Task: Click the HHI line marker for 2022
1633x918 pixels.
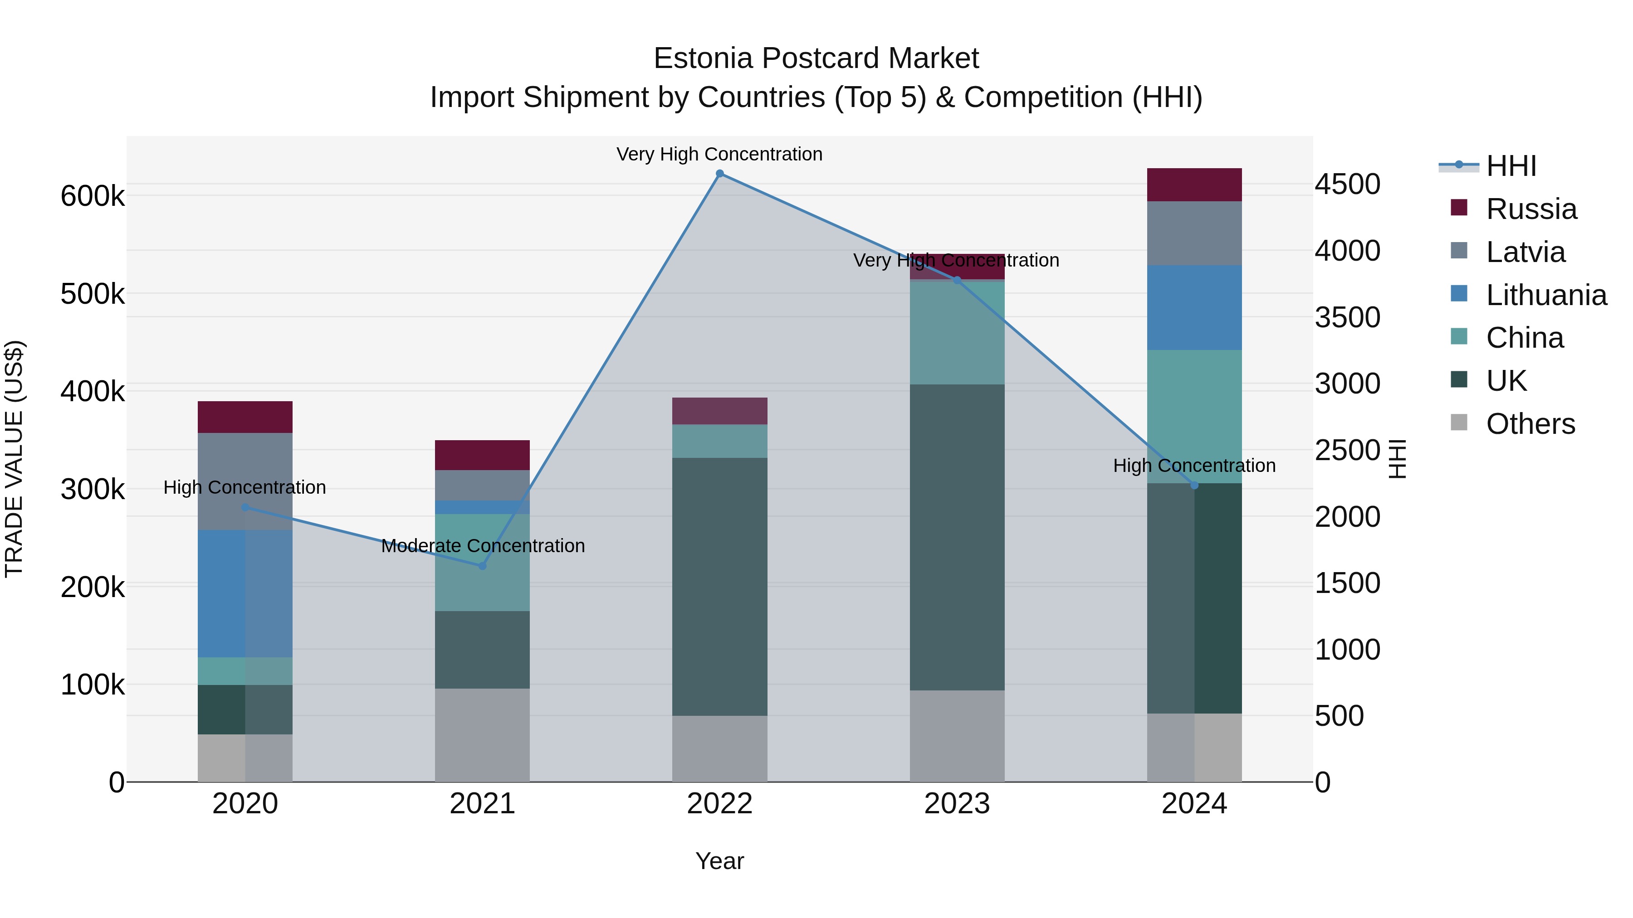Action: [719, 174]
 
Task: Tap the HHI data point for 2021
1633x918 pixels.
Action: [483, 566]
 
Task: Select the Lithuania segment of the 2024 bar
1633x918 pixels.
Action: [1194, 307]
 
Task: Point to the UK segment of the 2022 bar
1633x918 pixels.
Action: [719, 586]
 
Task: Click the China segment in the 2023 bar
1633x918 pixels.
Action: [957, 333]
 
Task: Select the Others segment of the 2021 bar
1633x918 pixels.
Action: [483, 735]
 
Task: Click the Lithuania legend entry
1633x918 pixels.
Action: [1545, 295]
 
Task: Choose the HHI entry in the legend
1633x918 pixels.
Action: [1511, 166]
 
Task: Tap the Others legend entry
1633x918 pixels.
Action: [1530, 424]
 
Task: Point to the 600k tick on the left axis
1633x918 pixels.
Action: [93, 196]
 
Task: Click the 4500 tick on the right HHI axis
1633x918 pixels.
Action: [1347, 185]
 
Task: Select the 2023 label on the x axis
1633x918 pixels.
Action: [957, 804]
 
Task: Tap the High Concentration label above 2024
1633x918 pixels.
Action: [1194, 466]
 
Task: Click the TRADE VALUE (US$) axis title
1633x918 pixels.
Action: [14, 459]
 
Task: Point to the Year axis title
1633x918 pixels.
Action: [719, 861]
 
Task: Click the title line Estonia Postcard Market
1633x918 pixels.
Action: [816, 58]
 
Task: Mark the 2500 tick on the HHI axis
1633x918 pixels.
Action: [1347, 451]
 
